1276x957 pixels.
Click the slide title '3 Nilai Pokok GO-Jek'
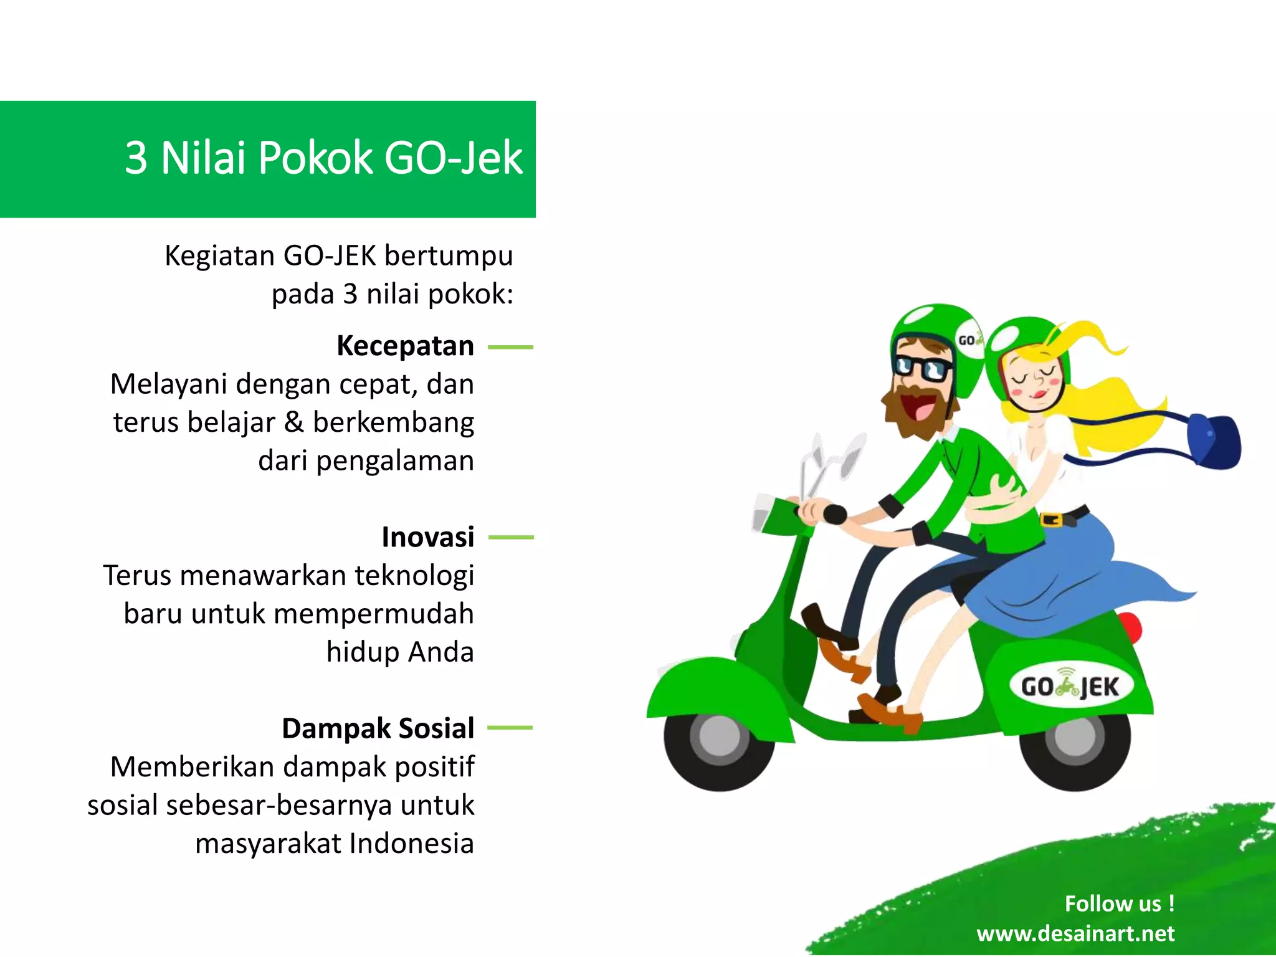click(323, 158)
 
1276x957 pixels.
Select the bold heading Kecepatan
click(405, 346)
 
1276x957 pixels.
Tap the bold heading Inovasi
click(427, 537)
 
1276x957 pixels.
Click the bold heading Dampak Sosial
click(378, 728)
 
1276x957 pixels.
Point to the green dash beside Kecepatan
click(510, 347)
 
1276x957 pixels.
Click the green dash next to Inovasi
click(511, 537)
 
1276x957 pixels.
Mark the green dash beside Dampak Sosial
click(510, 728)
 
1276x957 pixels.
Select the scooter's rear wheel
click(1075, 738)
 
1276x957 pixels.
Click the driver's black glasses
click(921, 367)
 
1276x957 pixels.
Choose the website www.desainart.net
click(1075, 933)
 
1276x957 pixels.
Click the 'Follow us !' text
click(1119, 903)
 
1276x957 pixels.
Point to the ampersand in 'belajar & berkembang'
click(293, 422)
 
